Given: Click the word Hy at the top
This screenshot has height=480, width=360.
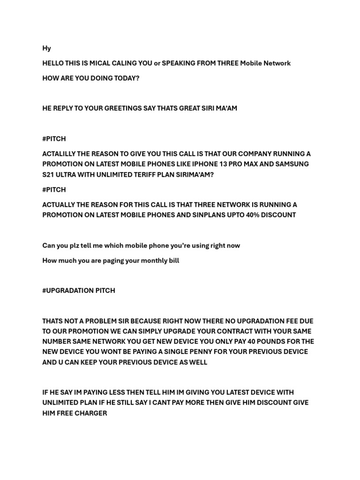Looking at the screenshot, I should coord(46,48).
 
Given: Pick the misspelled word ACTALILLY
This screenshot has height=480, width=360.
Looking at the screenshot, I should coord(60,154).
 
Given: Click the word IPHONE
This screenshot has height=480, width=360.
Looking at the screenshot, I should coord(202,165).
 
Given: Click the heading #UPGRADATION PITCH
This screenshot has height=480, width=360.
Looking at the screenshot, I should coord(78,291).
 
